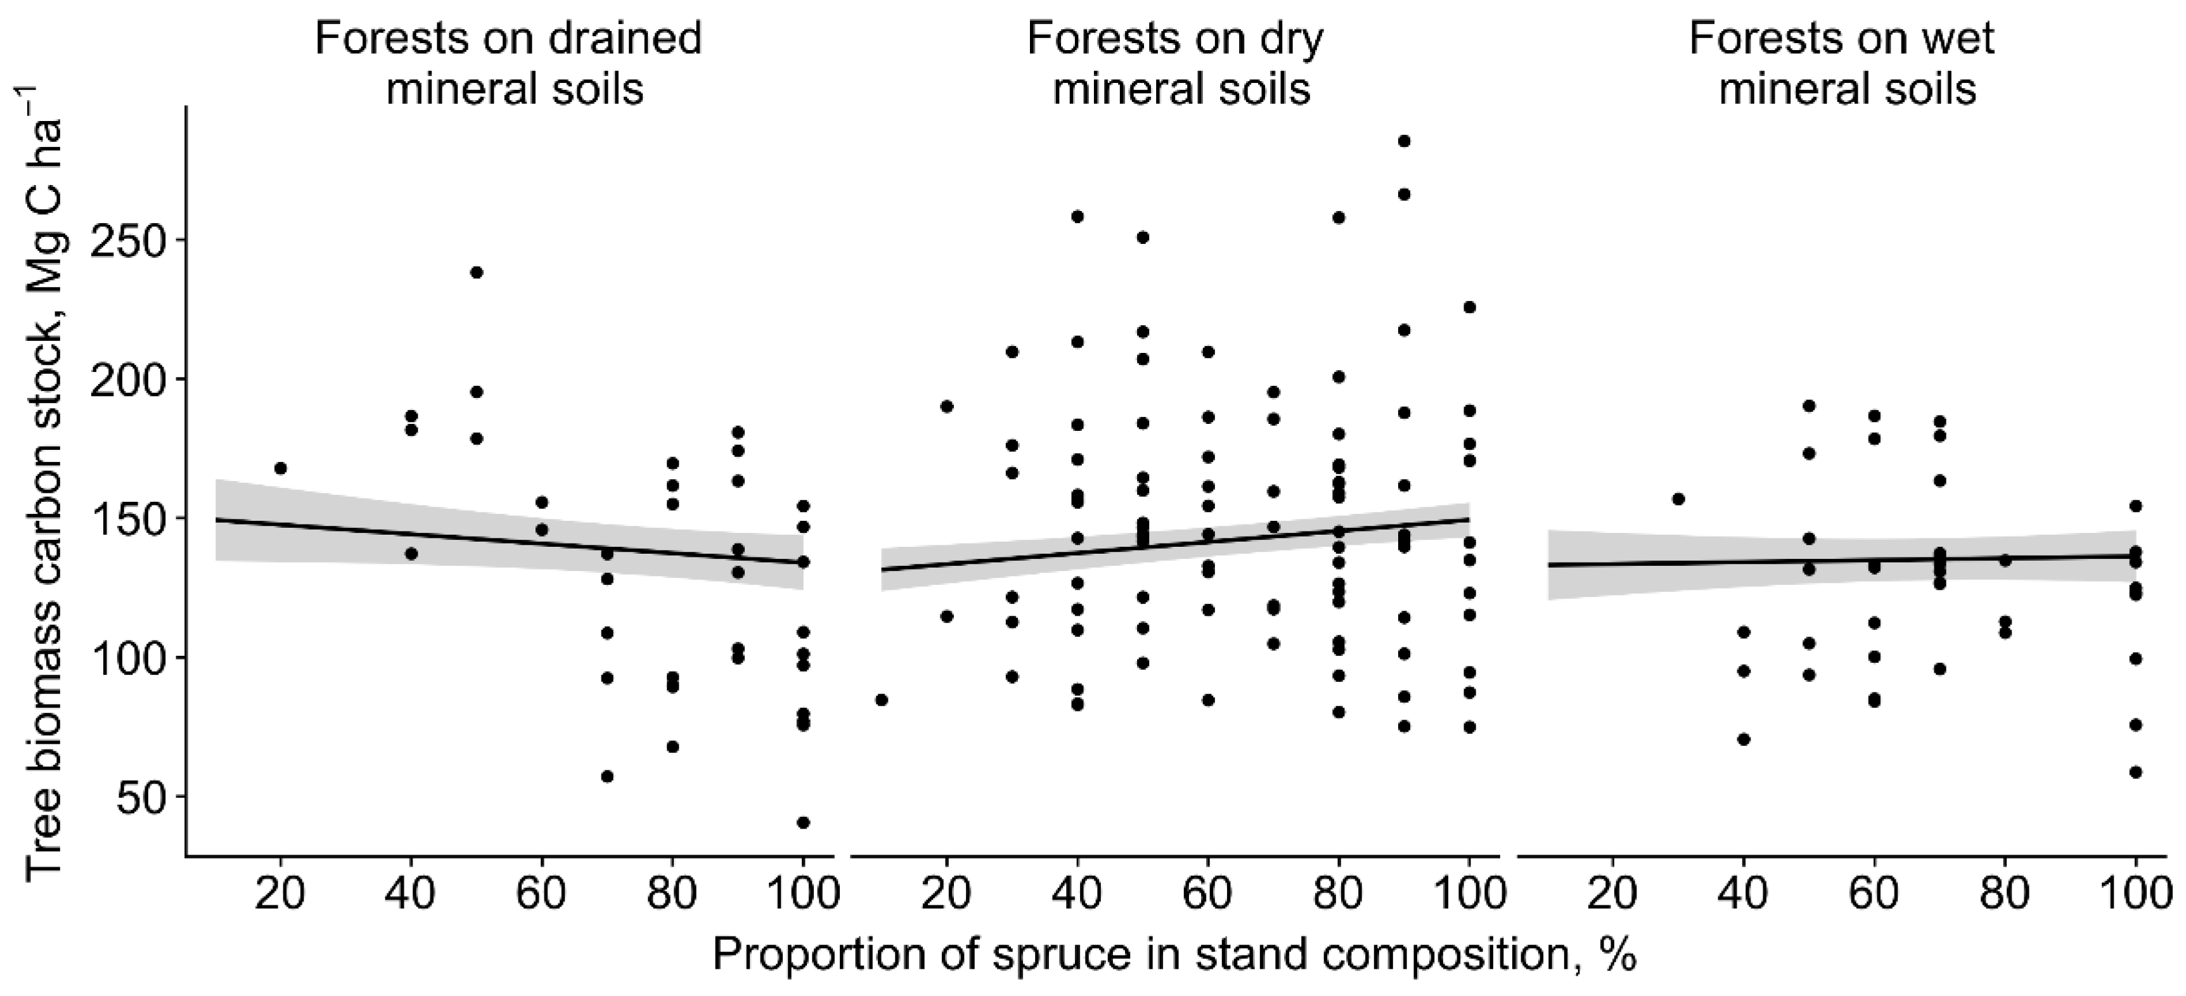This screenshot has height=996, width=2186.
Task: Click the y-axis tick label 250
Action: click(x=127, y=240)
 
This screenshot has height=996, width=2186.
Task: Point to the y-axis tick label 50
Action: click(x=141, y=798)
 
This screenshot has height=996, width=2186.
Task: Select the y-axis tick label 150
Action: click(x=127, y=519)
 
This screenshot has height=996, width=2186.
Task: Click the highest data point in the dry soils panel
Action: click(x=1404, y=141)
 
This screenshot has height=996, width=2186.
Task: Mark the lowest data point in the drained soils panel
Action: click(x=803, y=822)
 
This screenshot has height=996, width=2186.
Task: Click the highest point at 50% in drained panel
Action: click(x=476, y=272)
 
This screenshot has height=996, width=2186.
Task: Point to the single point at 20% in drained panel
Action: click(x=281, y=468)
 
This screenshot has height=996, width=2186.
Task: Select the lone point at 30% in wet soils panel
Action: click(x=1678, y=499)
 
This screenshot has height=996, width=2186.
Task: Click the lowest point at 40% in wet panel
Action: click(x=1744, y=739)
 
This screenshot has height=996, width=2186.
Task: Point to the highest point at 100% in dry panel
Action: click(x=1469, y=307)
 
